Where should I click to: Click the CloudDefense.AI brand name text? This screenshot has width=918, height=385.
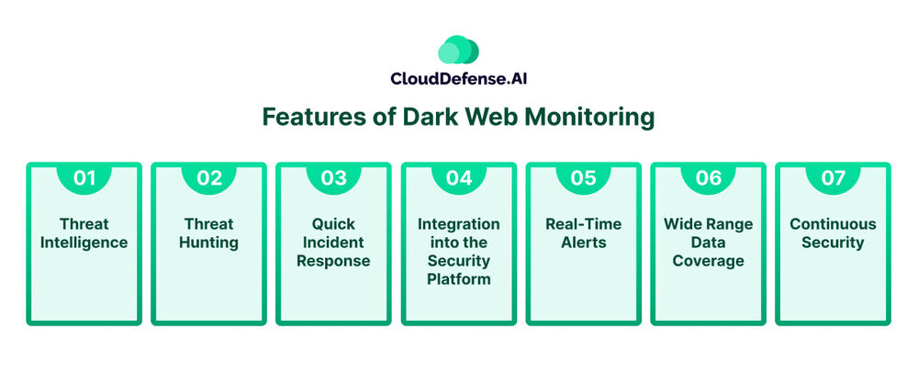coord(458,82)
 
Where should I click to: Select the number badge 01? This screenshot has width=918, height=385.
coord(84,178)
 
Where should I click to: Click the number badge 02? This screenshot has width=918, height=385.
coord(209,178)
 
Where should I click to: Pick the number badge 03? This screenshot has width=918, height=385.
coord(333,178)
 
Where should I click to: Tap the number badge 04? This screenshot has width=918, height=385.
coord(458,178)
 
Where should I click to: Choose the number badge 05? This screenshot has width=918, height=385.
coord(583,178)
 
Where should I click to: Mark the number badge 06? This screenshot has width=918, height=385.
coord(708,178)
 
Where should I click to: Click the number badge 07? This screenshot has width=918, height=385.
coord(833,178)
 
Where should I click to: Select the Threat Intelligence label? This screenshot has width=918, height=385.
coord(84,233)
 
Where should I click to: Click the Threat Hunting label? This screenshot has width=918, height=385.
coord(209,233)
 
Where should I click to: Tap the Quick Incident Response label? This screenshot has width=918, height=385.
coord(333,243)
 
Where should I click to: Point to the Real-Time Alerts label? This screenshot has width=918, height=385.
coord(583,233)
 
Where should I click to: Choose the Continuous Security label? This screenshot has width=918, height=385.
coord(833,233)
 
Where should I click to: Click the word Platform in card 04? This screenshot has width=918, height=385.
coord(458,279)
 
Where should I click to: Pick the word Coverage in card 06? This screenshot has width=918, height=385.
coord(708,261)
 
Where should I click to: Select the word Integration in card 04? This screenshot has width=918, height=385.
coord(458,224)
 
